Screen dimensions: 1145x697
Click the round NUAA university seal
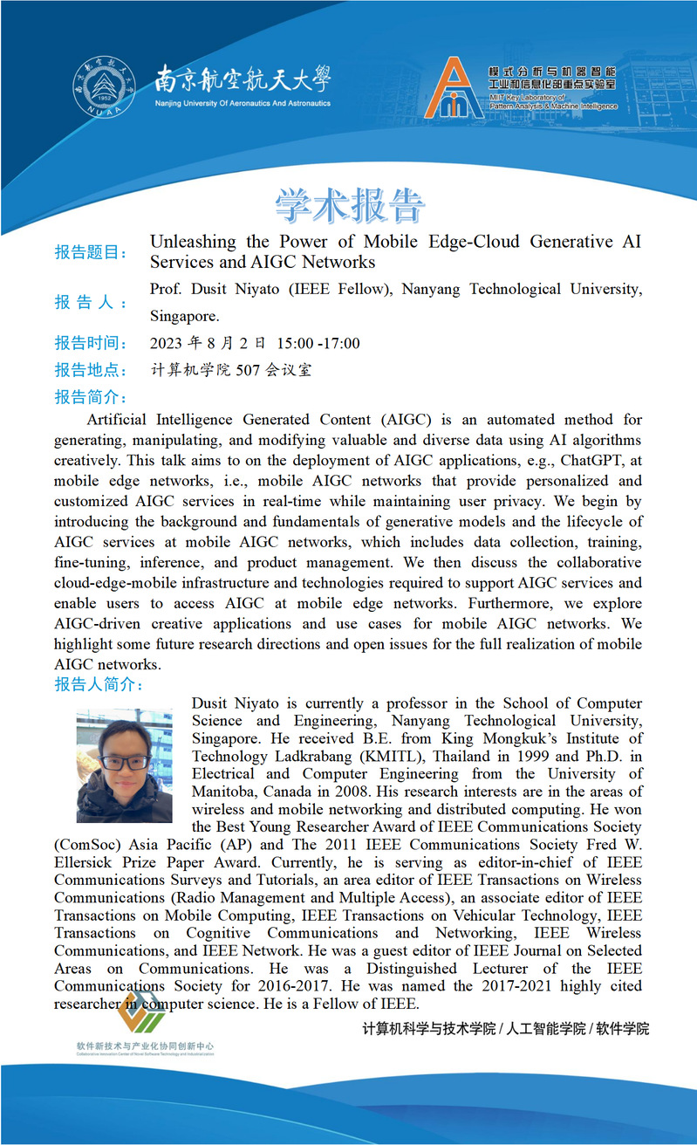[105, 88]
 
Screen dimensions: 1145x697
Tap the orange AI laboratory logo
[454, 88]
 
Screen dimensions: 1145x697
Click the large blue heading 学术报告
[350, 205]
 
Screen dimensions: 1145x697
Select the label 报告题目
[91, 253]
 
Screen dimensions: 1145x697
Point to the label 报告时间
[91, 344]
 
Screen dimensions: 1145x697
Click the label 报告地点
[91, 370]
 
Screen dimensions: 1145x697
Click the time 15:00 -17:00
[318, 344]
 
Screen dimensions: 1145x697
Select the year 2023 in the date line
[169, 344]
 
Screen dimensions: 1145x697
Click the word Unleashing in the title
[193, 242]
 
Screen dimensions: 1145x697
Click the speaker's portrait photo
[124, 765]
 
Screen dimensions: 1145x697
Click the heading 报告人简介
[99, 684]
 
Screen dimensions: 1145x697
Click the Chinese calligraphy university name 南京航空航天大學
[243, 81]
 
